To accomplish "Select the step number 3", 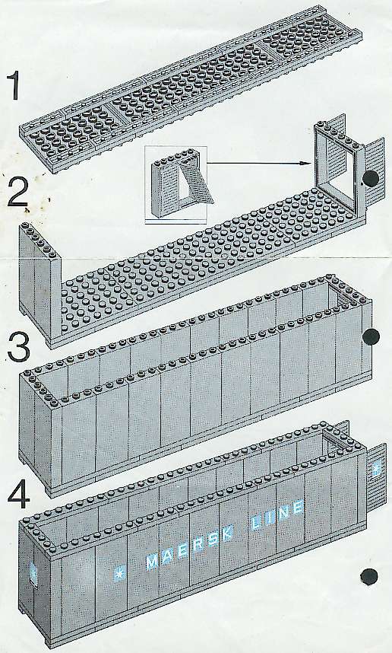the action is click(19, 347).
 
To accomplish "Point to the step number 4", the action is click(18, 496).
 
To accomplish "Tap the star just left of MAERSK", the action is click(120, 574).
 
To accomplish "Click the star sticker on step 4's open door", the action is click(377, 468).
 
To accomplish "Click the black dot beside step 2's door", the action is click(371, 179).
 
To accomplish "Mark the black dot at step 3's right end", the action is click(371, 336).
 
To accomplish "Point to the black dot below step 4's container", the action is click(368, 577).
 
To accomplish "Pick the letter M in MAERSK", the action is click(152, 562).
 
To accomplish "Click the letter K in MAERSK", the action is click(227, 534).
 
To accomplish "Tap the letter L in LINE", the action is click(257, 524).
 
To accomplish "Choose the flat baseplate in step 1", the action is click(191, 89).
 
